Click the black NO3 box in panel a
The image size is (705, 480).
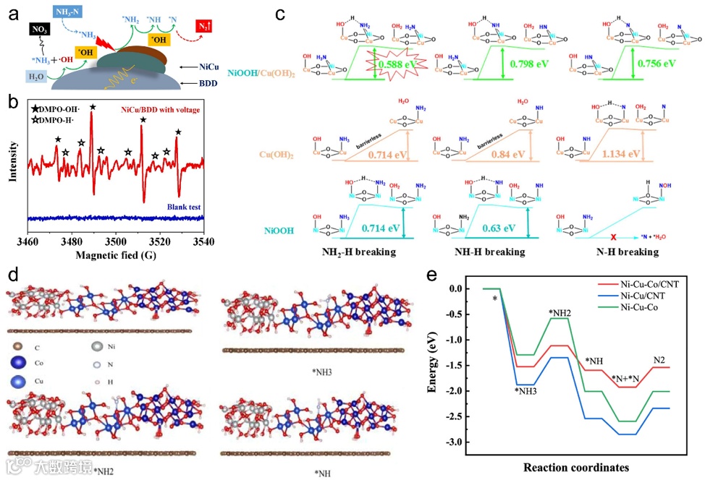tap(38, 30)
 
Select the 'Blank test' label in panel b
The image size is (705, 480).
tap(183, 207)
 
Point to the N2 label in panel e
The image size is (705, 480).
tap(661, 359)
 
